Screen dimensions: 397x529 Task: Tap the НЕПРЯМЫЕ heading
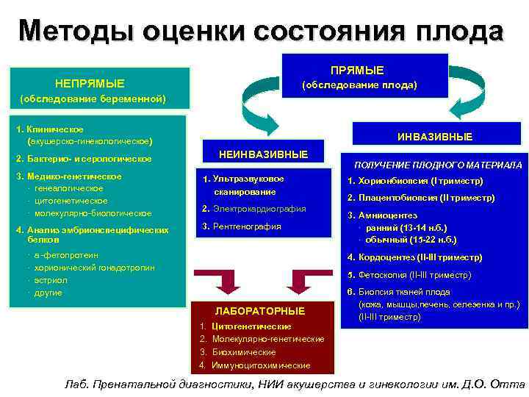(x=90, y=83)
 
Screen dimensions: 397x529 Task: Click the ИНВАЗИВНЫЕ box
(x=435, y=137)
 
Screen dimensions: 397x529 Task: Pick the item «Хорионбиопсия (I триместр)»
(x=415, y=181)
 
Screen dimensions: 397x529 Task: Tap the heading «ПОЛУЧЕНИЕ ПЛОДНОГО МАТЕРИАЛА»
(x=437, y=165)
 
